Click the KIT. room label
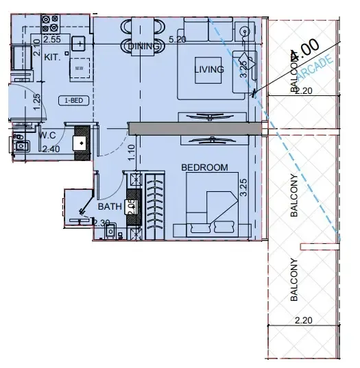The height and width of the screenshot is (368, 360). [x=52, y=58]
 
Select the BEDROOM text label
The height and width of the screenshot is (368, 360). [x=204, y=167]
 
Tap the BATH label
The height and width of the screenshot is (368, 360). [x=110, y=206]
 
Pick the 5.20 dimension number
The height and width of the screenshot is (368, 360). [x=177, y=40]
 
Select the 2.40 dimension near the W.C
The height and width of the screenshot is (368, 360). [x=51, y=148]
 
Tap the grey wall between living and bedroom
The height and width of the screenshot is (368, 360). [x=195, y=128]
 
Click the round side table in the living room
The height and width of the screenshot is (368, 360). [x=245, y=30]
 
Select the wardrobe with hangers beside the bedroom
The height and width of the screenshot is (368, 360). [x=156, y=206]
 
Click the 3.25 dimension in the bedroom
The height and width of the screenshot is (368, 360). [x=243, y=186]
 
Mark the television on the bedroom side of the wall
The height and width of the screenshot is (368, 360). [x=209, y=140]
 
